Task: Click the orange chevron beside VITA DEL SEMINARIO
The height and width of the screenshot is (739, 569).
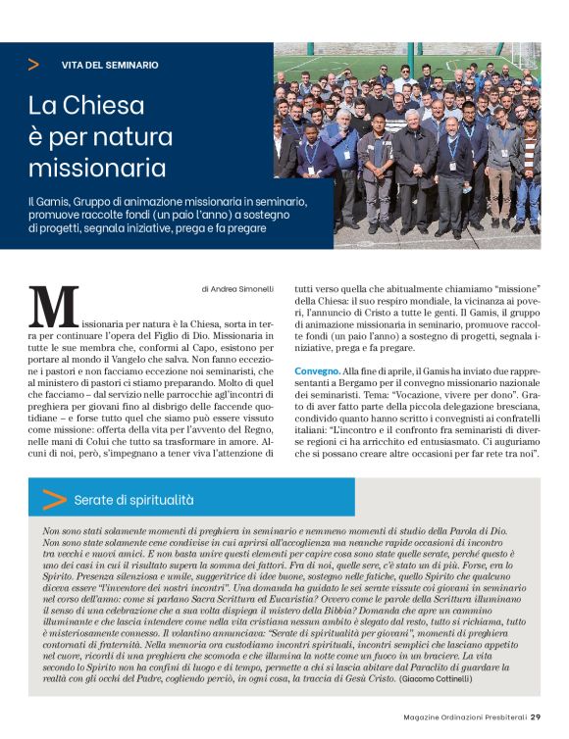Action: pyautogui.click(x=34, y=65)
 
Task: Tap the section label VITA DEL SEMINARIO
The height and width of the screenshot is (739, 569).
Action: pyautogui.click(x=110, y=65)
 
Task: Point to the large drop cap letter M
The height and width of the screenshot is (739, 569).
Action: pyautogui.click(x=54, y=307)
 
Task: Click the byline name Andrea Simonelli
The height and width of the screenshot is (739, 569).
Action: pyautogui.click(x=239, y=289)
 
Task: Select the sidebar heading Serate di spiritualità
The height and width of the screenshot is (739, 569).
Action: pyautogui.click(x=133, y=500)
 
